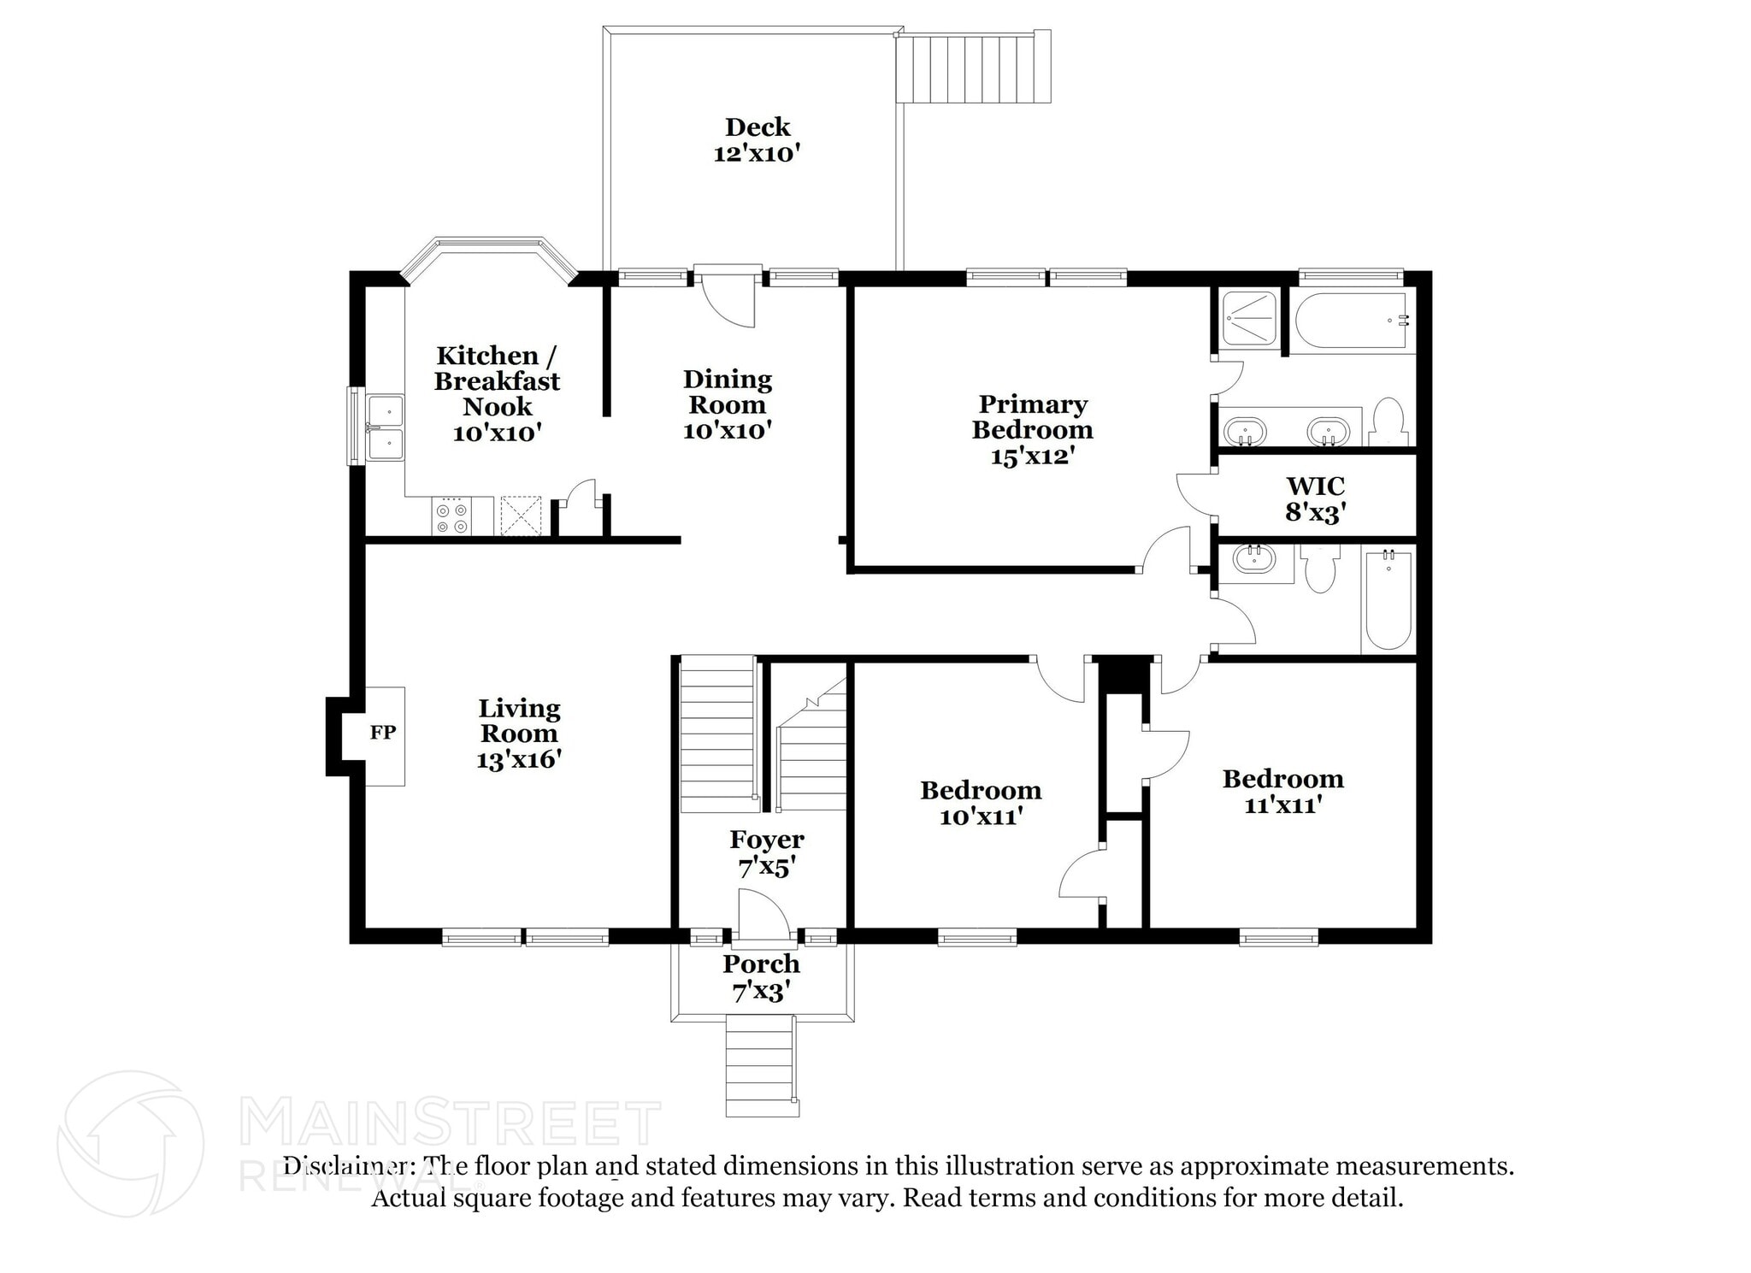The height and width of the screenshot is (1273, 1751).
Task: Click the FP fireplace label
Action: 382,733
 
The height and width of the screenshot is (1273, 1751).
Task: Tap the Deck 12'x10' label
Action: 757,140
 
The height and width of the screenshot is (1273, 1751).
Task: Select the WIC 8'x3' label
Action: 1315,499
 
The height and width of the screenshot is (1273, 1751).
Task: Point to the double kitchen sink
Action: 385,428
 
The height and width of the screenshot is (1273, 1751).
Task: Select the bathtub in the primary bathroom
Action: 1351,321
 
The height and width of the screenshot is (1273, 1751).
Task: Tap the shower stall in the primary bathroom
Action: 1249,320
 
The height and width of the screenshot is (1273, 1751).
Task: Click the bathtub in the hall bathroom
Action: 1388,600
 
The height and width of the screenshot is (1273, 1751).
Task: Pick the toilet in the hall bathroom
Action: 1321,568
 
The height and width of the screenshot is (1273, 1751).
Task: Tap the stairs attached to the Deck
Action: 973,68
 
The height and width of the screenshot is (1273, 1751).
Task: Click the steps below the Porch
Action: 761,1065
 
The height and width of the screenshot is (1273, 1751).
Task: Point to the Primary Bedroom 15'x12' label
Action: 1032,429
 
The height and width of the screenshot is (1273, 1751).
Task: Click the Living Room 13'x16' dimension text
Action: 518,759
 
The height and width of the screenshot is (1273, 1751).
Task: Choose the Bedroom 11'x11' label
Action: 1282,791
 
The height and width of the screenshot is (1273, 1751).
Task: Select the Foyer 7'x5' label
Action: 766,853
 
